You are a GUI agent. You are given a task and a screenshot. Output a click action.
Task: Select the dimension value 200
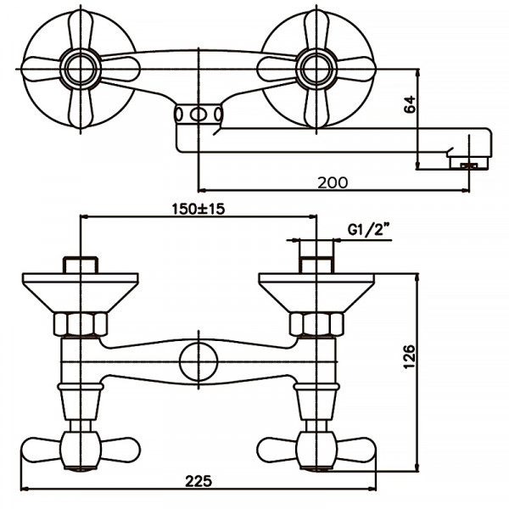coord(332,181)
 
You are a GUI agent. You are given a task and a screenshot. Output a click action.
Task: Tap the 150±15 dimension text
coord(197,209)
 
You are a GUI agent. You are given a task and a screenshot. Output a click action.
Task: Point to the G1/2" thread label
coord(368,230)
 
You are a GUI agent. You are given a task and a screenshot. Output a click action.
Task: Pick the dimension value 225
coord(197,480)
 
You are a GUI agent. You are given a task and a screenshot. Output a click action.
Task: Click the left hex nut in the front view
coord(81,324)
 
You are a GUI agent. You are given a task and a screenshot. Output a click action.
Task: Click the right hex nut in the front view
coord(316,324)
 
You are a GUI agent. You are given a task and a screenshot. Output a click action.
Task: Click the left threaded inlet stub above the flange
coord(81,262)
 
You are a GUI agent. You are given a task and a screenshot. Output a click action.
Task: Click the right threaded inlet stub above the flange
coord(316,262)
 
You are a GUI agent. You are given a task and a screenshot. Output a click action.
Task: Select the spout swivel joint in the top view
coord(199,115)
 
